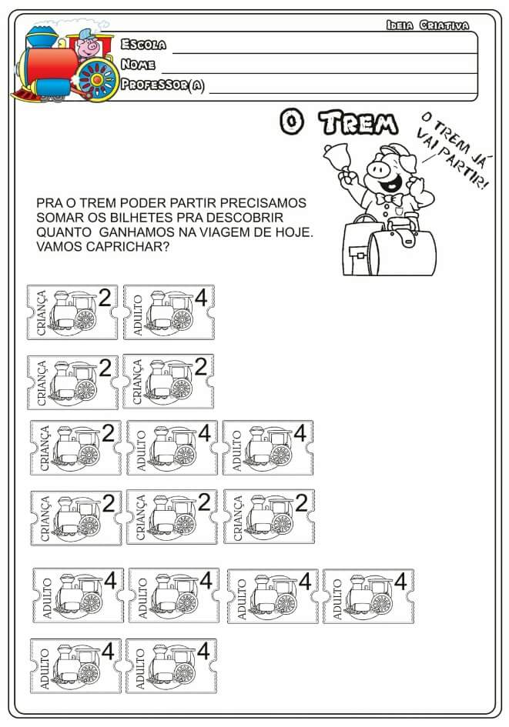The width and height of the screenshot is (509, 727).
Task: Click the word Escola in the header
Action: [x=143, y=44]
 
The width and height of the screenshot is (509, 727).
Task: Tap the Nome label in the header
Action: [x=138, y=64]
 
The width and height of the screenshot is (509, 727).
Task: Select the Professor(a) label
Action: [x=162, y=85]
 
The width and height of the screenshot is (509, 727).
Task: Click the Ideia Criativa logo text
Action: [x=427, y=25]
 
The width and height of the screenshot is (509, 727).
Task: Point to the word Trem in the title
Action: [x=358, y=123]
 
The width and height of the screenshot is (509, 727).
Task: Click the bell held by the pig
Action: [x=337, y=155]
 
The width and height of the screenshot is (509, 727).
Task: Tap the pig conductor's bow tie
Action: [x=389, y=199]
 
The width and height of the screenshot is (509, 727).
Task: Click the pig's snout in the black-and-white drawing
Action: [x=377, y=169]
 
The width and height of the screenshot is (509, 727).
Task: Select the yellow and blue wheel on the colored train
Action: [x=98, y=79]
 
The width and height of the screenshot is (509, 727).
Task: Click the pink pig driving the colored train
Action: [x=87, y=45]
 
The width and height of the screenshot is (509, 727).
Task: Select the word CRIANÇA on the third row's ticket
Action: [x=45, y=448]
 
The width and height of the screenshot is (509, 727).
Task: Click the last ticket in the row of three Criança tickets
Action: [x=269, y=516]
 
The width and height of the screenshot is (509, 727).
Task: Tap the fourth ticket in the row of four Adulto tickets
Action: [x=368, y=595]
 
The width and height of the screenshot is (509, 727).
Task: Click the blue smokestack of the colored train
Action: [x=42, y=38]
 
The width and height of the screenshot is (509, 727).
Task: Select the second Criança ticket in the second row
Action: [x=169, y=382]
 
